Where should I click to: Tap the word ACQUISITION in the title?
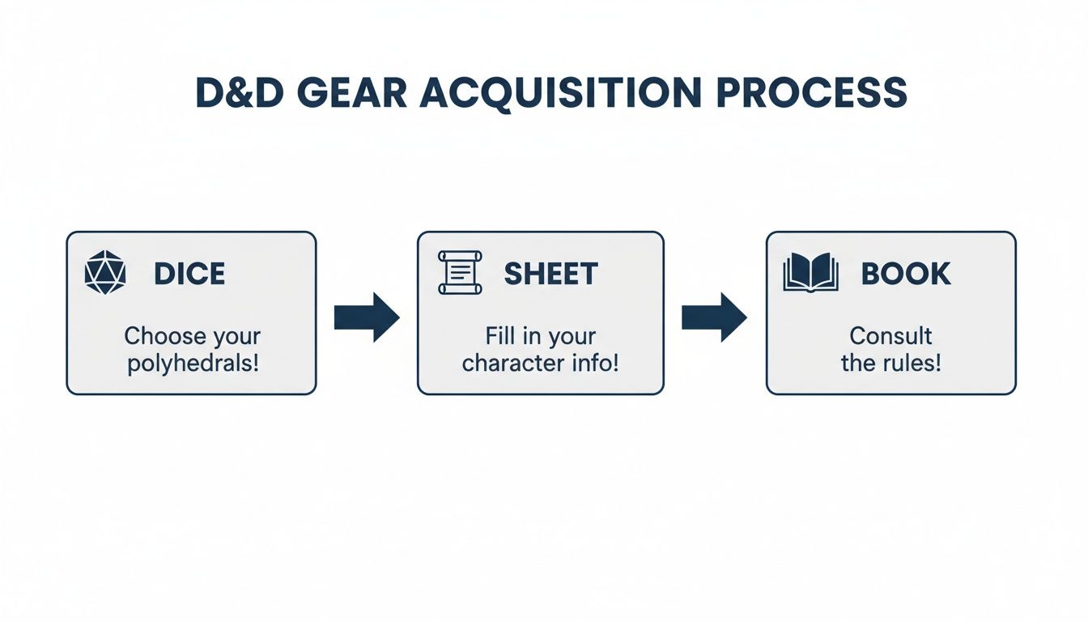pos(561,93)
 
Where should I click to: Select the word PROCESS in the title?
pos(812,93)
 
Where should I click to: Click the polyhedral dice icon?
pos(105,273)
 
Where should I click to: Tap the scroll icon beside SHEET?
pos(459,273)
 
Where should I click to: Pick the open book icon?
pos(809,273)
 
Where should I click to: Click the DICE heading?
pos(189,275)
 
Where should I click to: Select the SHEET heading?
pos(550,275)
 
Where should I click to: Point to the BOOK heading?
pos(905,275)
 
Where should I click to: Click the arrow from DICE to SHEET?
pos(367,317)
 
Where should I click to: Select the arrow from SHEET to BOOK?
pos(714,317)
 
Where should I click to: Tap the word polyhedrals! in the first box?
pos(193,362)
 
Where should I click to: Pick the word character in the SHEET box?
pos(508,362)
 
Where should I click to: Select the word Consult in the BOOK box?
pos(890,335)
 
